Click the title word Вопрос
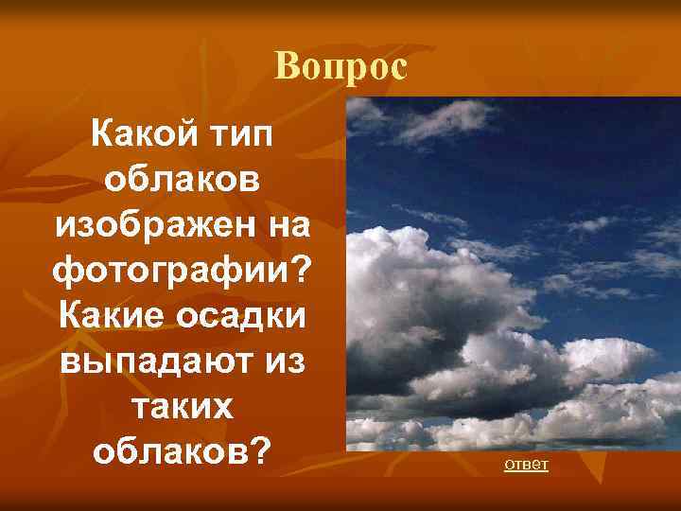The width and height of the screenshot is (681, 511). [340, 67]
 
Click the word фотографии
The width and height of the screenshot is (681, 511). [170, 270]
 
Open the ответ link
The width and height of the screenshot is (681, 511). [527, 466]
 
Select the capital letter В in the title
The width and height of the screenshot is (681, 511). [285, 67]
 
